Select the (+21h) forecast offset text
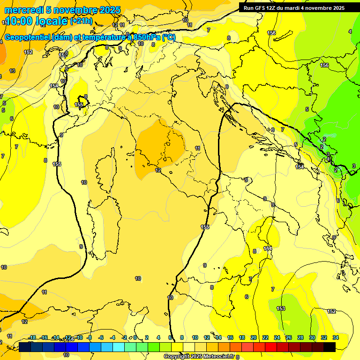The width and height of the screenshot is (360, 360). coord(81,21)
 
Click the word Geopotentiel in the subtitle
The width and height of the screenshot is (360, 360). coord(27,37)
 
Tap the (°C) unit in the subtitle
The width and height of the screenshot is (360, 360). coord(169,37)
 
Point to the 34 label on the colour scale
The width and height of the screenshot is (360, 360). coord(335,337)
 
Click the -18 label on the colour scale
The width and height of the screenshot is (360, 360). coord(32,337)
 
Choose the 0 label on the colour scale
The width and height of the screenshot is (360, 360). coord(135,337)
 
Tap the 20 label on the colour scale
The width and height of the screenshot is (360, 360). coord(253,337)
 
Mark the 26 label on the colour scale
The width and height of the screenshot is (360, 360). coord(288,337)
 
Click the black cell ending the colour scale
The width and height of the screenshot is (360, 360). coord(330,347)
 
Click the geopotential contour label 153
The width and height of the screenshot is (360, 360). coord(281,308)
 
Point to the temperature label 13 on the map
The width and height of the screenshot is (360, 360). coord(12,71)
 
